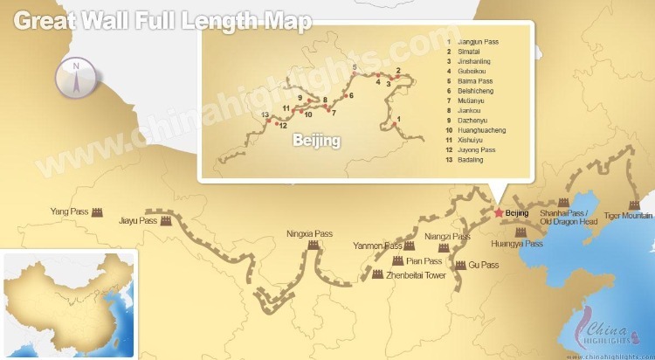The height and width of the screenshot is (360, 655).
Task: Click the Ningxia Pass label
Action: (310, 234)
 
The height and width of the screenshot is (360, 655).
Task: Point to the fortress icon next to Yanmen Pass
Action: (409, 246)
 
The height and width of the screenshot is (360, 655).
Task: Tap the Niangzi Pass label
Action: (447, 237)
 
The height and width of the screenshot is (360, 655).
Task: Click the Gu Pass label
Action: (483, 265)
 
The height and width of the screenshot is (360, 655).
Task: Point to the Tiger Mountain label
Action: (628, 215)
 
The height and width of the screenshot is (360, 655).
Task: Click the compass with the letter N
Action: (75, 77)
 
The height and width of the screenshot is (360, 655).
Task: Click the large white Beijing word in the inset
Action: (316, 139)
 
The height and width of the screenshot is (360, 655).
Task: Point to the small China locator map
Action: (70, 304)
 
